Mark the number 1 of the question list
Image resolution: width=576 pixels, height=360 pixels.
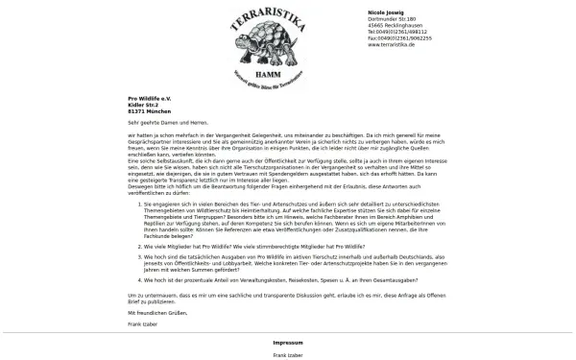[x=135, y=204]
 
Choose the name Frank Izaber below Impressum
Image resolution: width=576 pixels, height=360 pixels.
[x=287, y=355]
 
